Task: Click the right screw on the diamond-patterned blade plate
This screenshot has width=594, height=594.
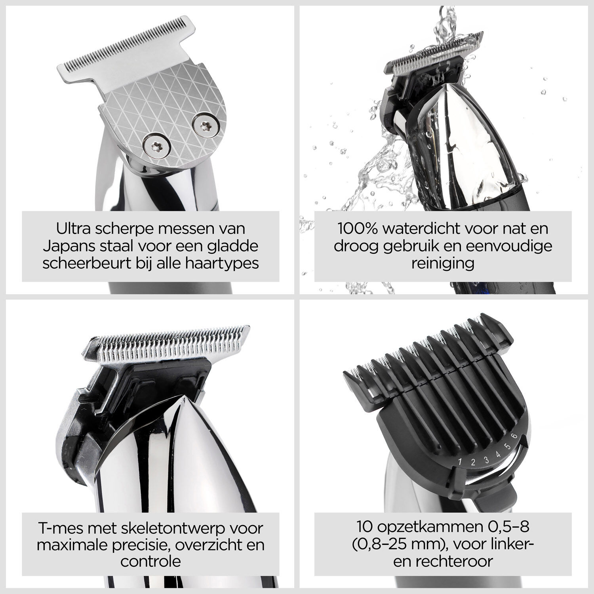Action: (x=204, y=126)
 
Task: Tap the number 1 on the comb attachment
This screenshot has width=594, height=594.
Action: (x=460, y=462)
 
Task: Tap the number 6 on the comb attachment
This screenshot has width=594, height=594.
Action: (x=514, y=436)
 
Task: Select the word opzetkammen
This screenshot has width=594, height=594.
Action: (x=425, y=527)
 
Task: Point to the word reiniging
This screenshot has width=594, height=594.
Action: (x=443, y=263)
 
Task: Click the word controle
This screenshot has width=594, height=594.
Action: (x=150, y=562)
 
